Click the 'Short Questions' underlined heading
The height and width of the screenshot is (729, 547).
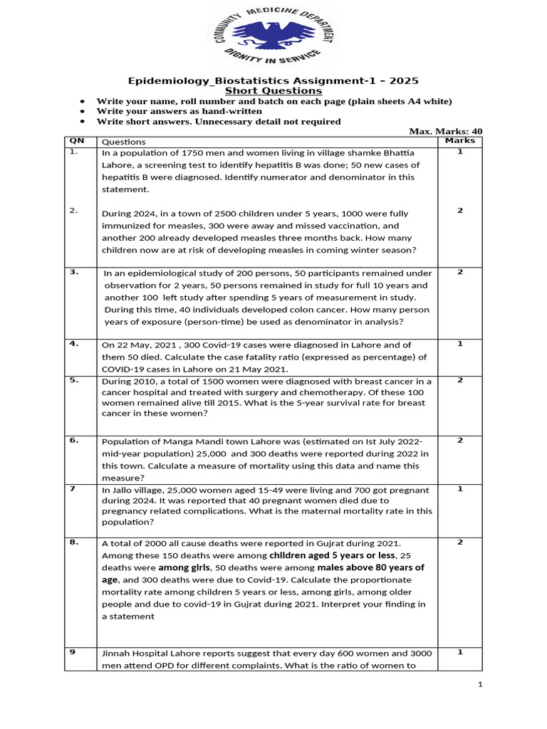(x=273, y=90)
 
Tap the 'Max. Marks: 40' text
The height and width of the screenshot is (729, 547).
(x=446, y=131)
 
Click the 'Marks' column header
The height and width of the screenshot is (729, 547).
(x=459, y=141)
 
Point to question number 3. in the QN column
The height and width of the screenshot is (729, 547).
(x=74, y=272)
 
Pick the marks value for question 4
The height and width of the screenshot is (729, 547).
(x=460, y=344)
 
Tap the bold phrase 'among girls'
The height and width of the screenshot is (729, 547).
(x=184, y=567)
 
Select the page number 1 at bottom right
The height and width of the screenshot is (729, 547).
(x=480, y=685)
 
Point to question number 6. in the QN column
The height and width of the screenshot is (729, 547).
(x=74, y=441)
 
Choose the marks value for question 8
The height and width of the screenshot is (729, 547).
(x=460, y=542)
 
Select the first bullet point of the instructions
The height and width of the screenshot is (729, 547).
(x=85, y=101)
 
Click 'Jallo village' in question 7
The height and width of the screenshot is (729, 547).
(x=139, y=490)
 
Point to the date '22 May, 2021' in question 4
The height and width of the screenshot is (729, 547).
(x=150, y=345)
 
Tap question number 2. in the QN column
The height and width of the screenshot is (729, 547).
(x=74, y=210)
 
